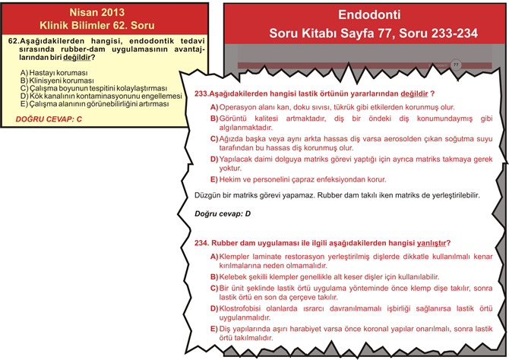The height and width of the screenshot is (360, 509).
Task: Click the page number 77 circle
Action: tap(456, 65)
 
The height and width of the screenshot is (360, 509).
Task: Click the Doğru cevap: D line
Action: tap(223, 214)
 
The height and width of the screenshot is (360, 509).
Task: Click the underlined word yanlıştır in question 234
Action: tap(431, 243)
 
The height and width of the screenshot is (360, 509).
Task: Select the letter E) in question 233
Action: tap(213, 180)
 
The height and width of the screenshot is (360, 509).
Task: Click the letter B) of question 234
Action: tap(214, 277)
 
